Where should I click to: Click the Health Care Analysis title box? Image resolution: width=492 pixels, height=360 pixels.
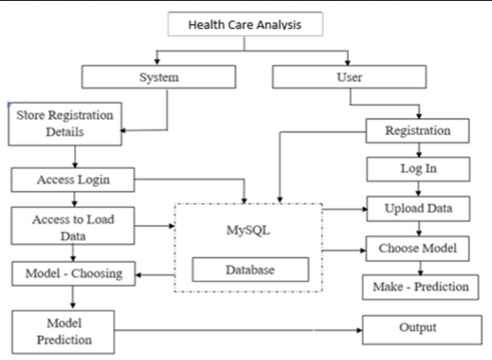point(245,26)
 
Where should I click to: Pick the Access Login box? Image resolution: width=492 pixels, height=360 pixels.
point(72,180)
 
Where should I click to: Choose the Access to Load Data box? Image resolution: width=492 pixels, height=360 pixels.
point(72,226)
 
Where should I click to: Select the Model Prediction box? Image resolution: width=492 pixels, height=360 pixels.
point(63,332)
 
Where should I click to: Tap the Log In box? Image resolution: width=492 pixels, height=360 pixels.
point(419,168)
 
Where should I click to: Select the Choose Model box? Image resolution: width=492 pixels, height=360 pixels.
point(419,249)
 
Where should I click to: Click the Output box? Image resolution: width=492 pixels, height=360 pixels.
point(418,328)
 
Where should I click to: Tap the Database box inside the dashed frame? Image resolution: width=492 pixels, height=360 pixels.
point(250,270)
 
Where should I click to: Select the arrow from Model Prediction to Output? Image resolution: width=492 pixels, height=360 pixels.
point(239,329)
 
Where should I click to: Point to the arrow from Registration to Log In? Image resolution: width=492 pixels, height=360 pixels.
point(419,149)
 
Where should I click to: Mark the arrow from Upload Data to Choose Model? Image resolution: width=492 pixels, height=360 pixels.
point(419,228)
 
